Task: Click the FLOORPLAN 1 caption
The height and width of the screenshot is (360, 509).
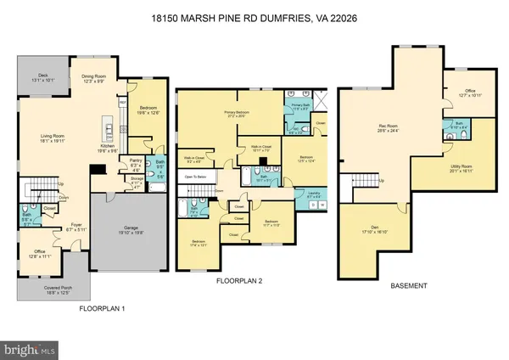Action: pos(102,307)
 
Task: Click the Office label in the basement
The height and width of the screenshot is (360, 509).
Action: pos(471,93)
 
